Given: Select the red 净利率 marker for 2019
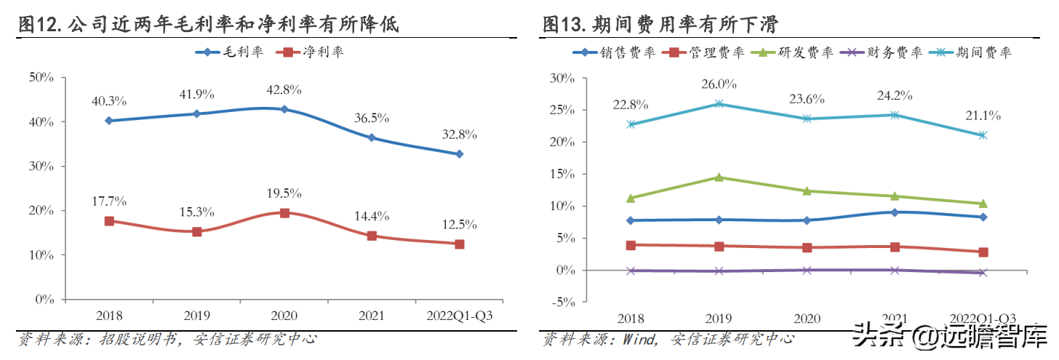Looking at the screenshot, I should pos(197,231).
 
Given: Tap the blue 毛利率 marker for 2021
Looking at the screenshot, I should pos(372,137).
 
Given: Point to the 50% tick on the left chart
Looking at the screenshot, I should pos(44,77).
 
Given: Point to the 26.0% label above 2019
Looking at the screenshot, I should pos(719,84).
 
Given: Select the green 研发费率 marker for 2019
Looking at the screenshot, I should pos(719,177).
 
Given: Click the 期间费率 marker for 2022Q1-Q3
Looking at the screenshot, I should pos(983,135).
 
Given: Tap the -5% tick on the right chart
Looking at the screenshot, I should pos(564,303).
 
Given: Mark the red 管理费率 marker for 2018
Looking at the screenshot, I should pos(631,245).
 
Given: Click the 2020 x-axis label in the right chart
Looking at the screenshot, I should pos(807,319).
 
